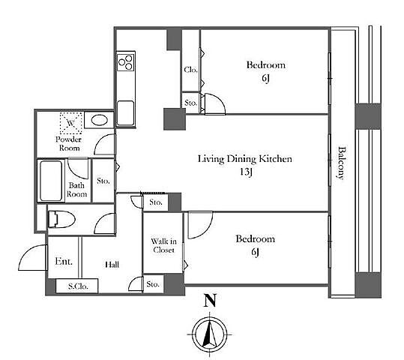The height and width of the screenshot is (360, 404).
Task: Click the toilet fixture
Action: (x=61, y=220)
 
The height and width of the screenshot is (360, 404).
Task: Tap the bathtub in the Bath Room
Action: (x=51, y=181)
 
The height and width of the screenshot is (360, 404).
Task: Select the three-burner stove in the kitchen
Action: (x=125, y=62)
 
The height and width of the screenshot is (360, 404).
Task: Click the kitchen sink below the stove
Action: (x=125, y=113)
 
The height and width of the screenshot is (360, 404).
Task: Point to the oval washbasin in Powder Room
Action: (x=99, y=120)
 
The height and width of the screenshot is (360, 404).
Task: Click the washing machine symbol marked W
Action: (x=70, y=123)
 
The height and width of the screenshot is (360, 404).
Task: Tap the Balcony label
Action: (x=341, y=163)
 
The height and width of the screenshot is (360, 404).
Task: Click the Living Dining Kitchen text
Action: (x=245, y=159)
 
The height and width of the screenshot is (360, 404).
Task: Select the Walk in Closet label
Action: (x=163, y=245)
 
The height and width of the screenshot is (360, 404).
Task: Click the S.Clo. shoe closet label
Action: (x=78, y=286)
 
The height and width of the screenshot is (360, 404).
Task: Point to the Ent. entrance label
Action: (x=64, y=262)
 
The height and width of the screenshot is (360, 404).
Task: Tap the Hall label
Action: (x=112, y=265)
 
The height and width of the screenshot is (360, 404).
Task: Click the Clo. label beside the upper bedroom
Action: (x=190, y=70)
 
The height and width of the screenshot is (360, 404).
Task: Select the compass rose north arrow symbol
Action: (x=210, y=334)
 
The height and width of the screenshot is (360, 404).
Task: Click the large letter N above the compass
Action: (x=210, y=301)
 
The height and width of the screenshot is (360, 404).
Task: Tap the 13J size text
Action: (x=246, y=172)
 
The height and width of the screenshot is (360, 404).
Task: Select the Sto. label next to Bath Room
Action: (x=103, y=181)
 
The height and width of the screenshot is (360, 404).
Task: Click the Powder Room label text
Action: (x=68, y=144)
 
